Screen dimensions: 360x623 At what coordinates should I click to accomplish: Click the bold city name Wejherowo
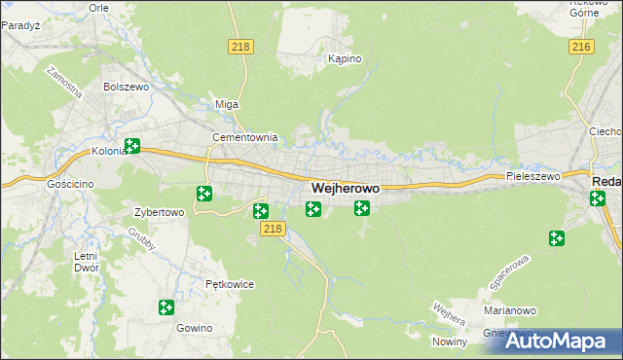(x=346, y=187)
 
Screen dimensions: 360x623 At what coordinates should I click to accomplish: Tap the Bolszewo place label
(x=125, y=87)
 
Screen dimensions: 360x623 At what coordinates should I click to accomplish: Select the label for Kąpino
(x=345, y=59)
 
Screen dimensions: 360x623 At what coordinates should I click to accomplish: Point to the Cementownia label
(x=245, y=138)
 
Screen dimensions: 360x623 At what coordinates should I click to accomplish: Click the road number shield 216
(x=582, y=47)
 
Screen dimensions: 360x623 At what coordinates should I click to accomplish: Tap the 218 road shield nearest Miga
(x=239, y=47)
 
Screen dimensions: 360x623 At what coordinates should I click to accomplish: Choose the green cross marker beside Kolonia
(x=132, y=147)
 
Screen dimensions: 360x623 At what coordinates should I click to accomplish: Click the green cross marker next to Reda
(x=597, y=198)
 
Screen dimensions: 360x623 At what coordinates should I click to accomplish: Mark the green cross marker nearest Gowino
(x=166, y=307)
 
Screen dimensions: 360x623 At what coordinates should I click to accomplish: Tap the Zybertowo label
(x=159, y=211)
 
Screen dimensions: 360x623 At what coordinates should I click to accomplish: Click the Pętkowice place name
(x=230, y=285)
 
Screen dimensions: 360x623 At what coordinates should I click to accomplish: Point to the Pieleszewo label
(x=533, y=177)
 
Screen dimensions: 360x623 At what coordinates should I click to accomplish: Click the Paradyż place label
(x=19, y=26)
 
